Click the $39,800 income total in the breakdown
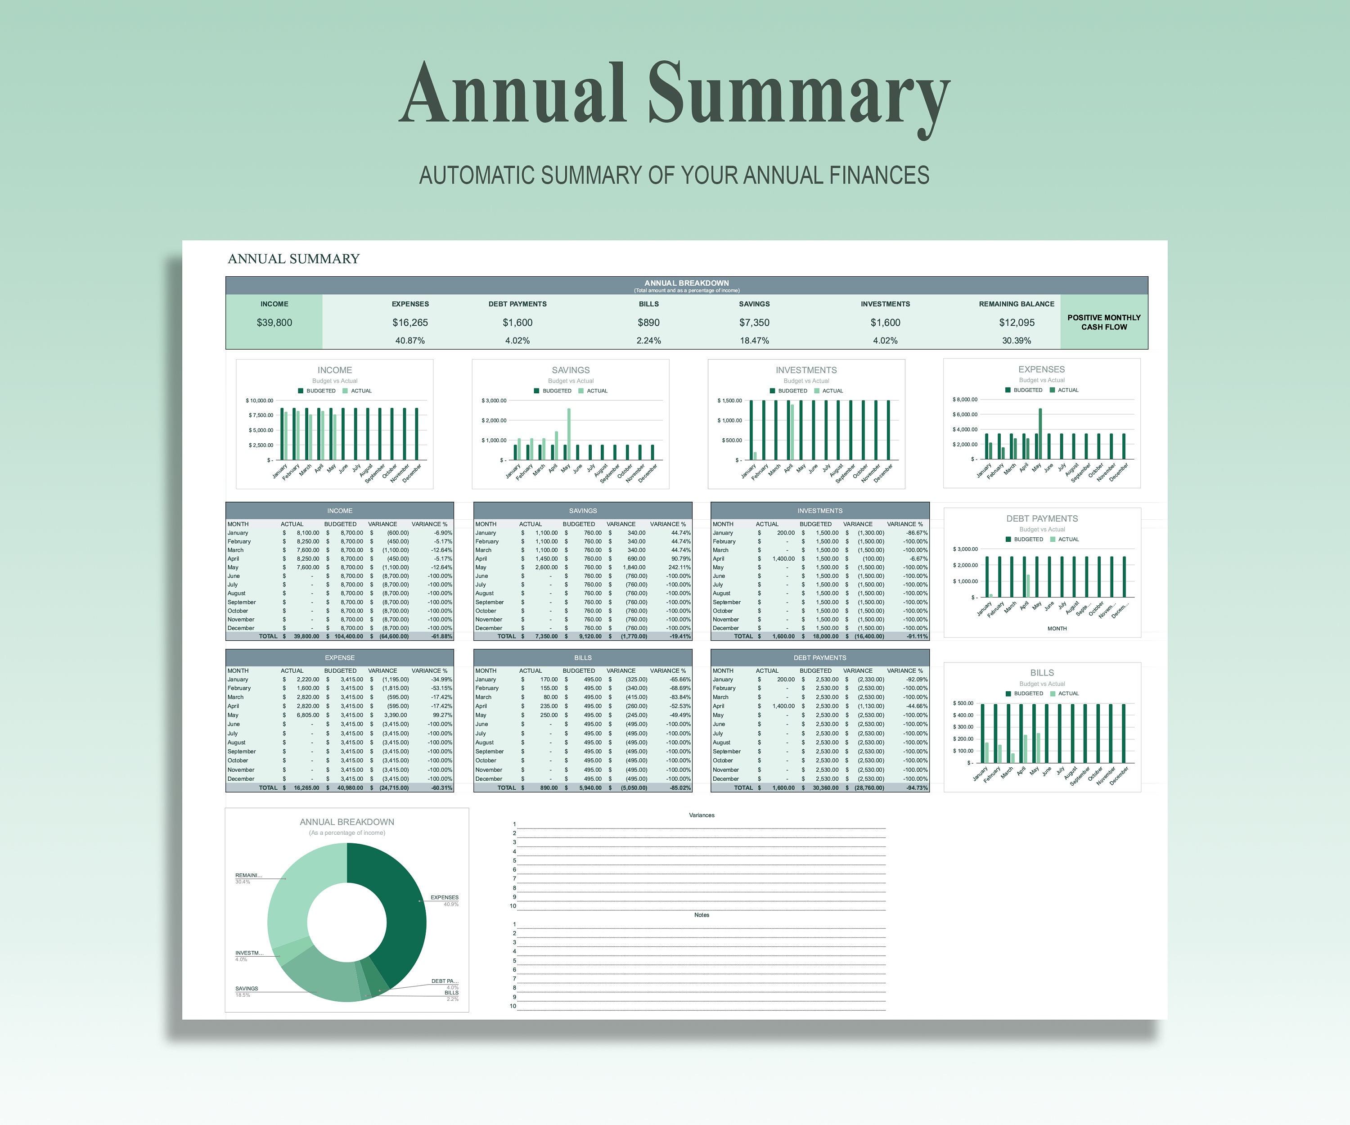coord(274,323)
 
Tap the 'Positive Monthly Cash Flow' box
coord(1104,322)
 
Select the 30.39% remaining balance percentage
coord(1017,341)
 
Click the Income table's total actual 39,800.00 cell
coord(306,636)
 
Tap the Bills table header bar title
coord(583,657)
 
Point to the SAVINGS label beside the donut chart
coord(247,989)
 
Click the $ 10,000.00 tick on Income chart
coord(260,400)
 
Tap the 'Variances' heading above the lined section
coord(702,815)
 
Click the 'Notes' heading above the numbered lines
coord(702,915)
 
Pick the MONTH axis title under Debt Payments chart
coord(1057,629)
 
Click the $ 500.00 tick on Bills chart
coord(963,703)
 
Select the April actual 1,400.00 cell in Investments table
coord(783,558)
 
